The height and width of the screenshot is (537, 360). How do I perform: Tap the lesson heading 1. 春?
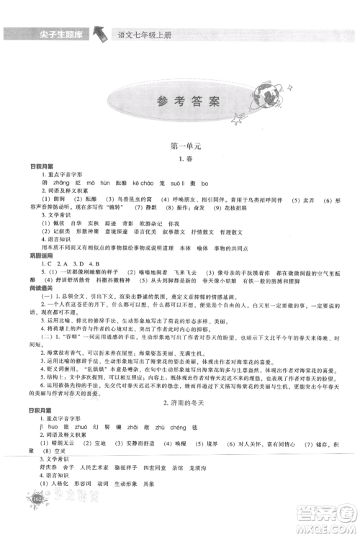179,157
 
